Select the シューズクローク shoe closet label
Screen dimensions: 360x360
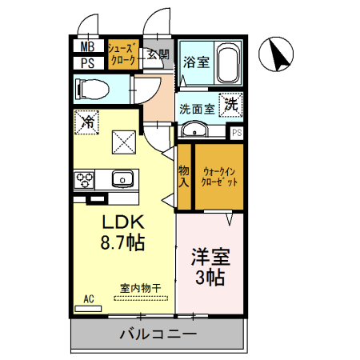coord(123,54)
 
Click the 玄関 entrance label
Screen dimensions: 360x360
coord(158,55)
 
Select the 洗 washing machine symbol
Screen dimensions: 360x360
coord(230,103)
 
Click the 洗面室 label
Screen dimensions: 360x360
coord(196,109)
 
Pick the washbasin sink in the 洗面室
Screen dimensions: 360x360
coord(194,130)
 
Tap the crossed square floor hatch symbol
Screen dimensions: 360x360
coord(124,144)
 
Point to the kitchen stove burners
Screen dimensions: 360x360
coord(86,178)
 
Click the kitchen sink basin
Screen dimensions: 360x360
coord(122,178)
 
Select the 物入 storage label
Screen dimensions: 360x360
coord(184,175)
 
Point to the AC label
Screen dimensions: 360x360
coord(90,299)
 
